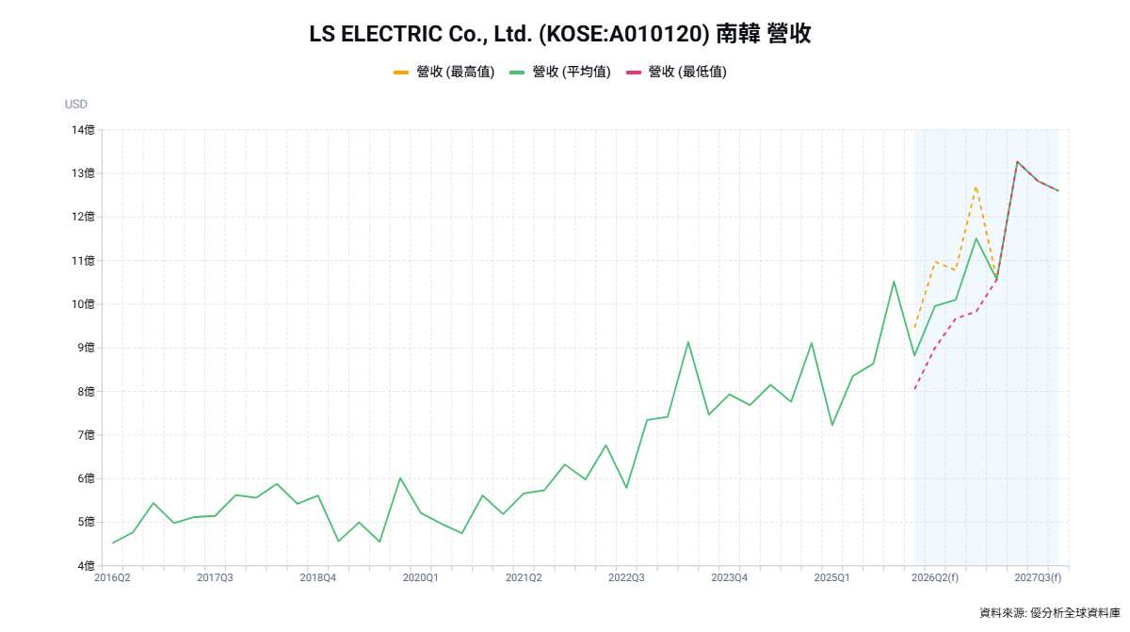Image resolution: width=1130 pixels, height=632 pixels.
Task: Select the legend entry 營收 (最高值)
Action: pos(444,72)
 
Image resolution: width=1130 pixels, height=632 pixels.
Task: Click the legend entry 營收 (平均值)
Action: pos(560,72)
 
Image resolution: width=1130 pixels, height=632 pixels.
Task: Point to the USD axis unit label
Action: pos(76,105)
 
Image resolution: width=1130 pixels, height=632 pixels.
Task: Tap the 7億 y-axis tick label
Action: pos(84,435)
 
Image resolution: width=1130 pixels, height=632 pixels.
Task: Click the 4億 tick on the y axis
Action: pos(84,565)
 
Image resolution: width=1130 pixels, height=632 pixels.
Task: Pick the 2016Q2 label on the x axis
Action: pos(112,577)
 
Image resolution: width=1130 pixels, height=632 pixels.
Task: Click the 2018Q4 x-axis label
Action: pos(317,577)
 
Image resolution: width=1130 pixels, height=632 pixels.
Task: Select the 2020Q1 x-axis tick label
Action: pos(420,577)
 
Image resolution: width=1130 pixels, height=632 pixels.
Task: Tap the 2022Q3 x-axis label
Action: pos(625,577)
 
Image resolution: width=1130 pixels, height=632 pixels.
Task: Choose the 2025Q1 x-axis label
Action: pos(831,577)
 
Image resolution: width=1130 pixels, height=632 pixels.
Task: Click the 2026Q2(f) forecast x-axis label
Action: pos(936,577)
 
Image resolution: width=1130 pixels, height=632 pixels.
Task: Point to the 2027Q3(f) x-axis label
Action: pos(1039,577)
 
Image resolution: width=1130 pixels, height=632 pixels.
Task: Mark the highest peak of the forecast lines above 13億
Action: pos(1017,161)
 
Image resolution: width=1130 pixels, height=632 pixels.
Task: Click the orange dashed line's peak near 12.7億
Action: pos(976,186)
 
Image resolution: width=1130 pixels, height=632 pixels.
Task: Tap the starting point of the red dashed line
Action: pos(914,389)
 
